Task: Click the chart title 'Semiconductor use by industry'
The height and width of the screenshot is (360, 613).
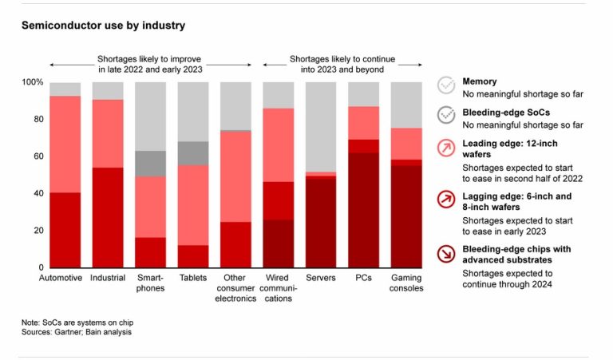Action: (x=103, y=26)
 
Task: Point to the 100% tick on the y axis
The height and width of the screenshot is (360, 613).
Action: (x=33, y=82)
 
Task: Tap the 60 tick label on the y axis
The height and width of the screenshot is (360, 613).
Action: (x=36, y=156)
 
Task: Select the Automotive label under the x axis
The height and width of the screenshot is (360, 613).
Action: (x=61, y=278)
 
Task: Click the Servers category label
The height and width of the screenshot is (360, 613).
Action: (x=321, y=278)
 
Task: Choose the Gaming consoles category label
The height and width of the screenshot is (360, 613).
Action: (x=406, y=283)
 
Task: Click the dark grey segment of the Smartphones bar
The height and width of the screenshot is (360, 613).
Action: (x=150, y=164)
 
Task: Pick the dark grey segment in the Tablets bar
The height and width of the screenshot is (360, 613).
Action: (x=192, y=153)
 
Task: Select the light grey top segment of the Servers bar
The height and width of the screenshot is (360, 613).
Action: (x=321, y=127)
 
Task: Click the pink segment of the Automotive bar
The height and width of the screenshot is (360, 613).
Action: (x=65, y=144)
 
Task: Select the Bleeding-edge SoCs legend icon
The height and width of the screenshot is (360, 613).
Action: (x=447, y=116)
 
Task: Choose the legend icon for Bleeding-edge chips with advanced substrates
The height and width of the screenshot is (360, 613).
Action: (x=447, y=254)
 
